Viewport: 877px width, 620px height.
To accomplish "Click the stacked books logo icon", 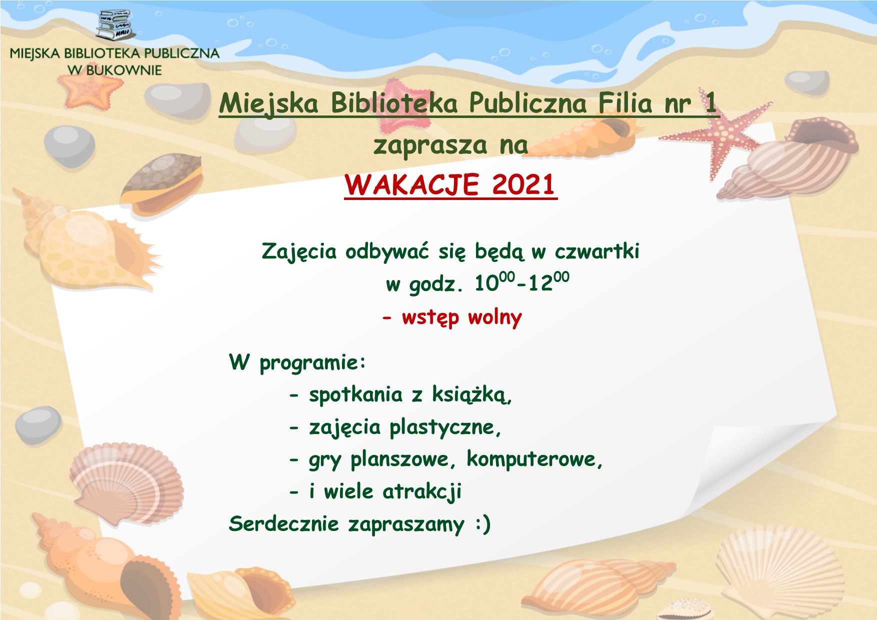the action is click(115, 25).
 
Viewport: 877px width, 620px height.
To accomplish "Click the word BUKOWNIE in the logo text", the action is click(124, 70).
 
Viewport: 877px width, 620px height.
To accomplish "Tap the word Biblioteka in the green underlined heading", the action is click(394, 103).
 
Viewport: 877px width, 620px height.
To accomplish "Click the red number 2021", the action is click(523, 184).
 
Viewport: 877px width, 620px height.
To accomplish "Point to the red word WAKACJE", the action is click(412, 185).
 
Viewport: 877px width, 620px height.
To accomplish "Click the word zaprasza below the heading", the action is click(430, 146).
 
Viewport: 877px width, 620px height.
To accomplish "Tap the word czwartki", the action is click(597, 251).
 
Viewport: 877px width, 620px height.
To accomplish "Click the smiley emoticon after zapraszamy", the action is click(483, 524).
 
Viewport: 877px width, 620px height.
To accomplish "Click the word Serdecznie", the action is click(284, 524).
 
